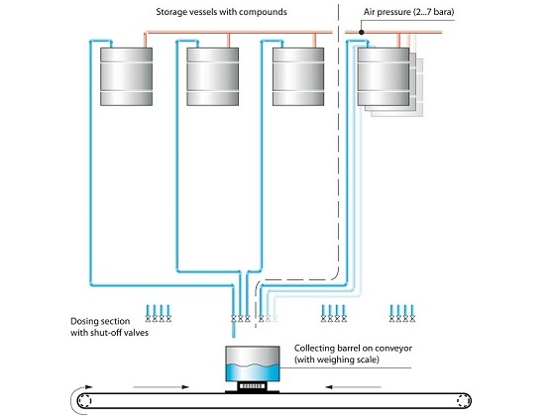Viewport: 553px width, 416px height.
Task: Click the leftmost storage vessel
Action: [126, 76]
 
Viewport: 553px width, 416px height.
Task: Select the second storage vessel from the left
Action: [213, 76]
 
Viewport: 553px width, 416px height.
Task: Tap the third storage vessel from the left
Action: [298, 76]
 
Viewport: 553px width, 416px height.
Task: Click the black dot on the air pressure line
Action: [362, 32]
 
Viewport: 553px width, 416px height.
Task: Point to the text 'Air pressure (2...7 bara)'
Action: [408, 12]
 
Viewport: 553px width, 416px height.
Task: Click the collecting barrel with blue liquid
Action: [252, 364]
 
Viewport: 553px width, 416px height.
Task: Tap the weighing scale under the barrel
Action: [252, 387]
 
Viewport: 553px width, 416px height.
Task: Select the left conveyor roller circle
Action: [84, 401]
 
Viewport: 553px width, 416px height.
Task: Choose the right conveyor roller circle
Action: [464, 401]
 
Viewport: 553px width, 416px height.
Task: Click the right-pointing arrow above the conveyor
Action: [162, 387]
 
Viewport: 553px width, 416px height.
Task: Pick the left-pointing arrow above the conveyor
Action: [353, 387]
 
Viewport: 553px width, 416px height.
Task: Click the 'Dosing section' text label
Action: [100, 321]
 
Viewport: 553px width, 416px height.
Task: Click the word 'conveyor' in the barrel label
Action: [393, 349]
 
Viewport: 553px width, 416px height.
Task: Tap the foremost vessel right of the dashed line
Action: [384, 76]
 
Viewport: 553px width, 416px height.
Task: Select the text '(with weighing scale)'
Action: [336, 360]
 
